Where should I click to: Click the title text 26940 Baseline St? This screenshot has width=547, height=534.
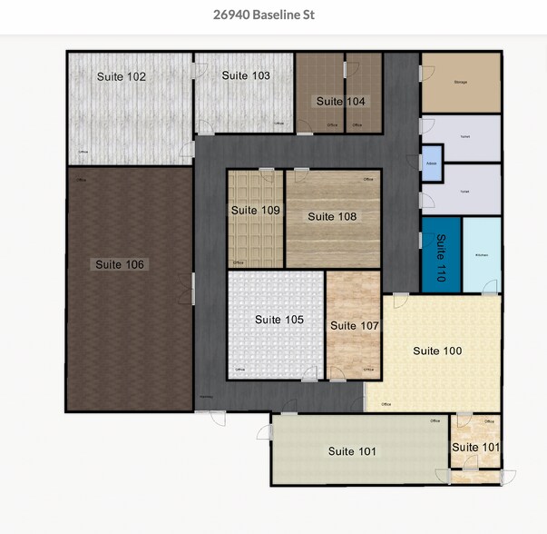273,15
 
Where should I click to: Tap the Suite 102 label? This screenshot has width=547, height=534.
122,77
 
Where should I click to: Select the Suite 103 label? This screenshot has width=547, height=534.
246,76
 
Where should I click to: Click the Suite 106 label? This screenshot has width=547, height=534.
120,264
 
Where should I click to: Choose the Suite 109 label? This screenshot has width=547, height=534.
255,211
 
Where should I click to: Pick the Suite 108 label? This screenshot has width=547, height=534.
332,217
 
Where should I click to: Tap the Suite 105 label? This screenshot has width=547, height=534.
279,320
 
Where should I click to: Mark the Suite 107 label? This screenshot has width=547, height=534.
354,325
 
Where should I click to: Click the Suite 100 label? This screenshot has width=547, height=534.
437,351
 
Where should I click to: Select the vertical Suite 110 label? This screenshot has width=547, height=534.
441,258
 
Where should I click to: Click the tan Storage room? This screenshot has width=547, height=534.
460,83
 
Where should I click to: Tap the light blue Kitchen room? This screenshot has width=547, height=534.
482,255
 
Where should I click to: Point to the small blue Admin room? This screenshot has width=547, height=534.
431,163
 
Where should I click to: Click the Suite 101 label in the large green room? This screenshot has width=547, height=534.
352,451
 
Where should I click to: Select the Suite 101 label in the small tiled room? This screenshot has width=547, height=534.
475,447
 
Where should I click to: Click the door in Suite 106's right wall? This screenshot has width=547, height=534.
193,289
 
